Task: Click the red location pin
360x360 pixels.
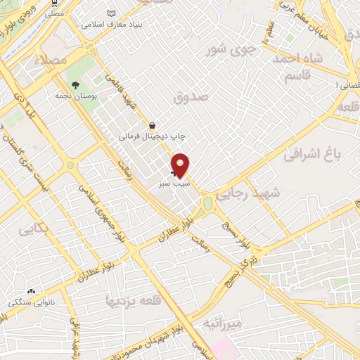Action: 181,165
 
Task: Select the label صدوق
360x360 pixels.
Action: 194,96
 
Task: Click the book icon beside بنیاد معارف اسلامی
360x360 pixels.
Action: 111,13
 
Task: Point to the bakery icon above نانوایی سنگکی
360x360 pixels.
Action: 30,291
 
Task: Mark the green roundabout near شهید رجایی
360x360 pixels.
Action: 208,204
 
